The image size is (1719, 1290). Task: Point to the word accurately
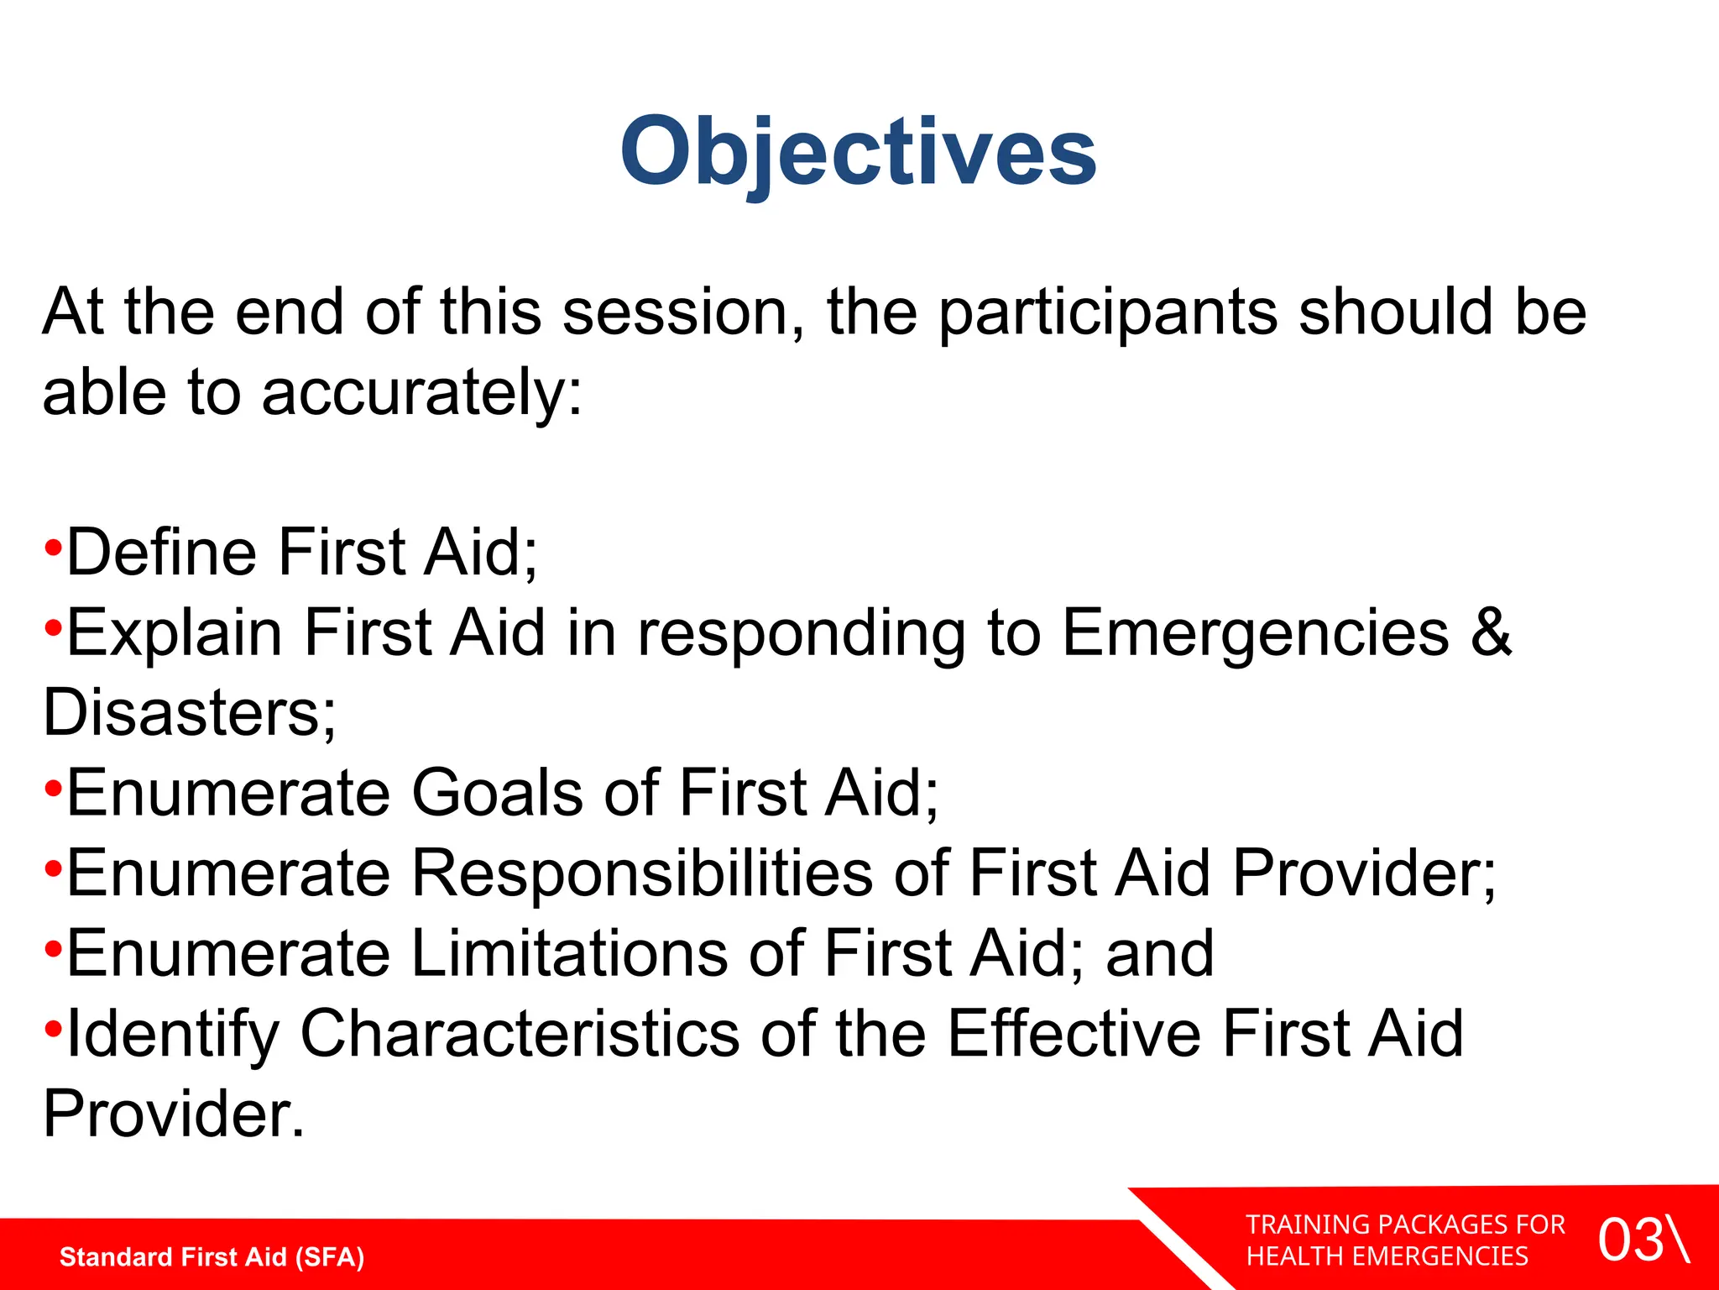421,394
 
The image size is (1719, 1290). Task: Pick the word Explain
175,634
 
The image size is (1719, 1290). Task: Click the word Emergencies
1256,634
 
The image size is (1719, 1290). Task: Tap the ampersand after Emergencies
1491,632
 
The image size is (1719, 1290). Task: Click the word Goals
497,793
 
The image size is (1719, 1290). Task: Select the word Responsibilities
642,874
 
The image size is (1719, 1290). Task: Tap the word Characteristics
520,1034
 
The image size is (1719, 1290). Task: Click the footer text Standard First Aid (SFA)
212,1257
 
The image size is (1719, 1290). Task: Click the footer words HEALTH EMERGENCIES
1387,1256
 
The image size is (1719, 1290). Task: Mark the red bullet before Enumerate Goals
53,788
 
